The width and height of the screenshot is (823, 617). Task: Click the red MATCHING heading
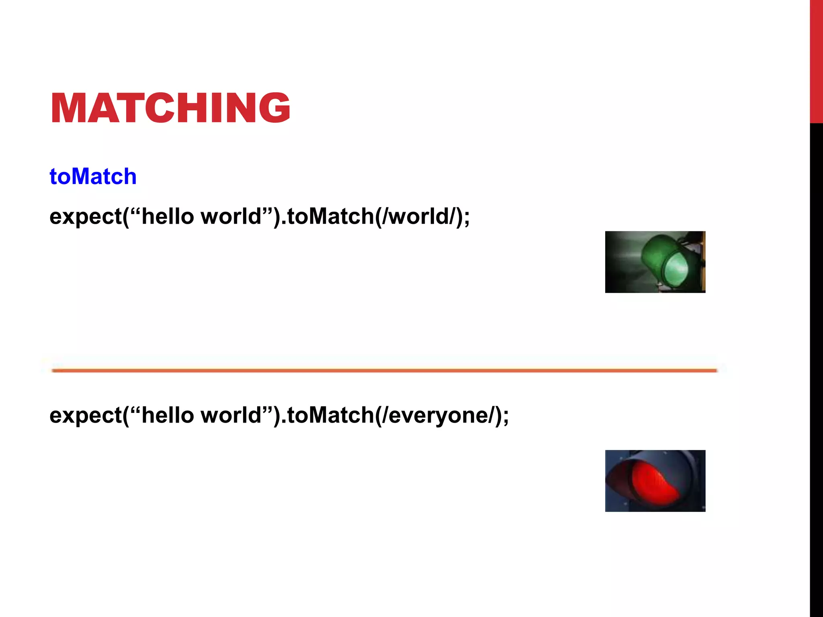coord(170,108)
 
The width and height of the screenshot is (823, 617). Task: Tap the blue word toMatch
coord(93,177)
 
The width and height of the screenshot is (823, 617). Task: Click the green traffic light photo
coord(655,262)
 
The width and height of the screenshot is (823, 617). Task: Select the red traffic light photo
coord(655,481)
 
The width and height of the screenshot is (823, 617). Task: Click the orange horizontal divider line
coord(384,370)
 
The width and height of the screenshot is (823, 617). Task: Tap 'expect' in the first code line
coord(86,217)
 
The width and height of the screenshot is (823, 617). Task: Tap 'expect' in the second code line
coord(86,415)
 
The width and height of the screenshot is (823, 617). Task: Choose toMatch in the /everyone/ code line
coord(330,415)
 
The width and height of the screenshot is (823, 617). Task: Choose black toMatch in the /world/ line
coord(330,217)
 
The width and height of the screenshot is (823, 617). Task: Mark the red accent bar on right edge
coord(816,60)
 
